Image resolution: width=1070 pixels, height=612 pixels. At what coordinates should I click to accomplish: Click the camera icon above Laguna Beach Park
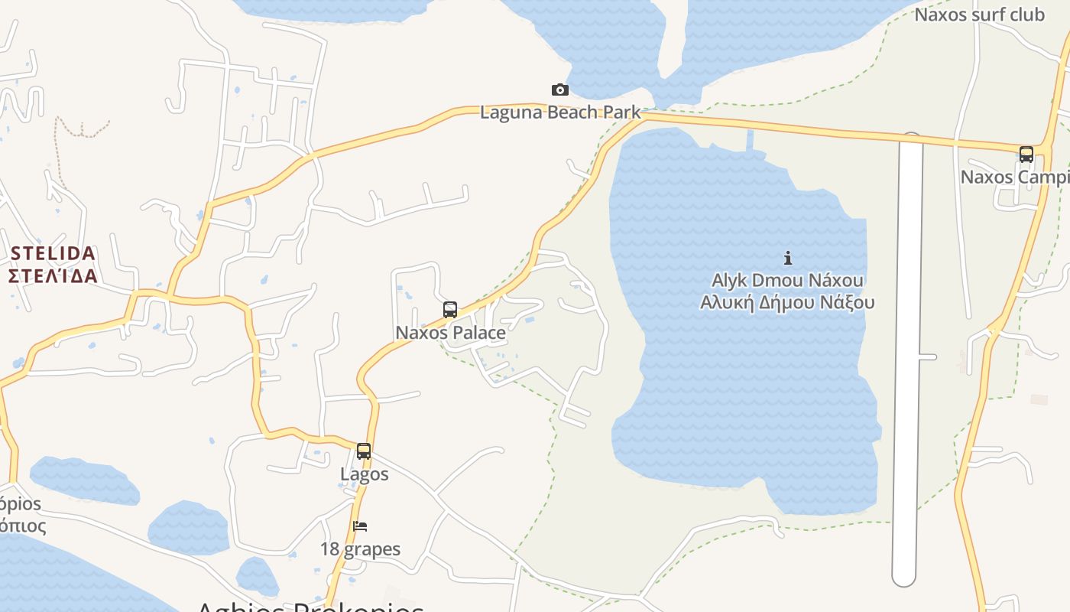tap(560, 90)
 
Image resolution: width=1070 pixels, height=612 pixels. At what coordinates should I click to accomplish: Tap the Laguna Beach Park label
tap(560, 112)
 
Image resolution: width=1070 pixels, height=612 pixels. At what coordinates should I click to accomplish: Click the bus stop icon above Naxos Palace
tap(450, 310)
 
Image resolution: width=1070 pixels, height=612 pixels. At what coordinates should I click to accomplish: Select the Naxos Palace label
tap(450, 333)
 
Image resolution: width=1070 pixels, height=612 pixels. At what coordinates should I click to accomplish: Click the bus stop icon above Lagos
tap(364, 451)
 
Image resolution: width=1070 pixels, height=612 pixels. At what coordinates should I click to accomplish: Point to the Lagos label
tap(365, 474)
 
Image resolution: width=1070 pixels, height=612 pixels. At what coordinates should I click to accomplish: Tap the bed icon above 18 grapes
tap(360, 526)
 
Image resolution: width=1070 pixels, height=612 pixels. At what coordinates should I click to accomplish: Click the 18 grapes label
tap(360, 549)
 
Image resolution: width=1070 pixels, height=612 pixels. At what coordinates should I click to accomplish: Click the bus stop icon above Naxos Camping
tap(1026, 155)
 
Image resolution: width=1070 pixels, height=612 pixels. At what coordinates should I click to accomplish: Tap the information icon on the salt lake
tap(788, 258)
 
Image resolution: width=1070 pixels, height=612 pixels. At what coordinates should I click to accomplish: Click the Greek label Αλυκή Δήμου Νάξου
tap(787, 302)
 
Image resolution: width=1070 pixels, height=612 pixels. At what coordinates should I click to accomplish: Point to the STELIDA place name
tap(53, 253)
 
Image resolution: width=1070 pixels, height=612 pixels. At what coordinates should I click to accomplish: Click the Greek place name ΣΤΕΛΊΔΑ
tap(53, 275)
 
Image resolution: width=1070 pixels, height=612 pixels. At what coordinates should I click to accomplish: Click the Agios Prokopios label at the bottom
tap(310, 607)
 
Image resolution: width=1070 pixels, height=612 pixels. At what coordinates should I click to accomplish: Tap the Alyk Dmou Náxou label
tap(787, 280)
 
